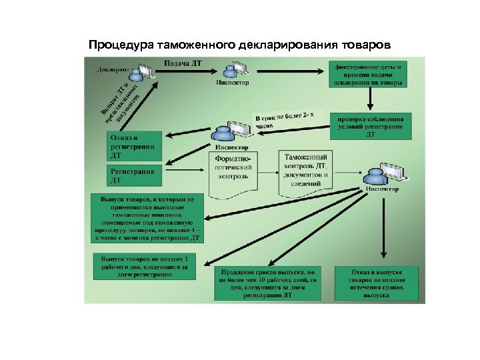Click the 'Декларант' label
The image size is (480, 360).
(x=113, y=69)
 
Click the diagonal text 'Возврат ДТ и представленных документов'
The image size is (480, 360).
(x=120, y=102)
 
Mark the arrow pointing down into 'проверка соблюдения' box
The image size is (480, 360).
(x=370, y=100)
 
